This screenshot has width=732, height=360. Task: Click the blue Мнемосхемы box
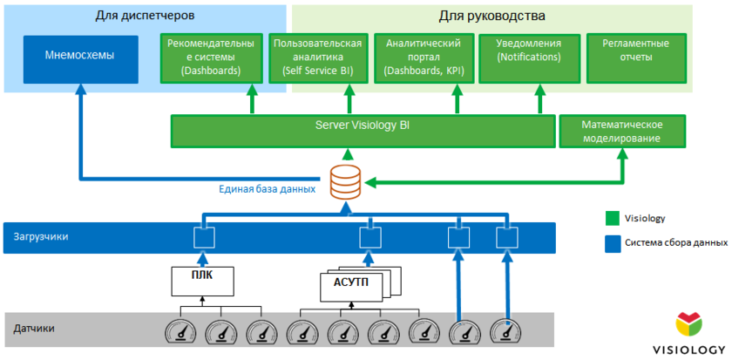(80, 58)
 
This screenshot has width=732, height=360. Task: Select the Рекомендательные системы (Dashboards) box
(210, 58)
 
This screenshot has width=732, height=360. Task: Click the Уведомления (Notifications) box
(529, 58)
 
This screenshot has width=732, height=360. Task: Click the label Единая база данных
(267, 188)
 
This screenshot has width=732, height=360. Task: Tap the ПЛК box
(202, 280)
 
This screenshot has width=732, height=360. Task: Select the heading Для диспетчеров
(144, 16)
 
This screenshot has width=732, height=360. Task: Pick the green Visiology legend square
(613, 218)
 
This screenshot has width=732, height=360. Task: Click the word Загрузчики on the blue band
(41, 236)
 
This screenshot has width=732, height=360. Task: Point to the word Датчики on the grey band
(34, 329)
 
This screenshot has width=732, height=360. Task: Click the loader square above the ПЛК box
(203, 237)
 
